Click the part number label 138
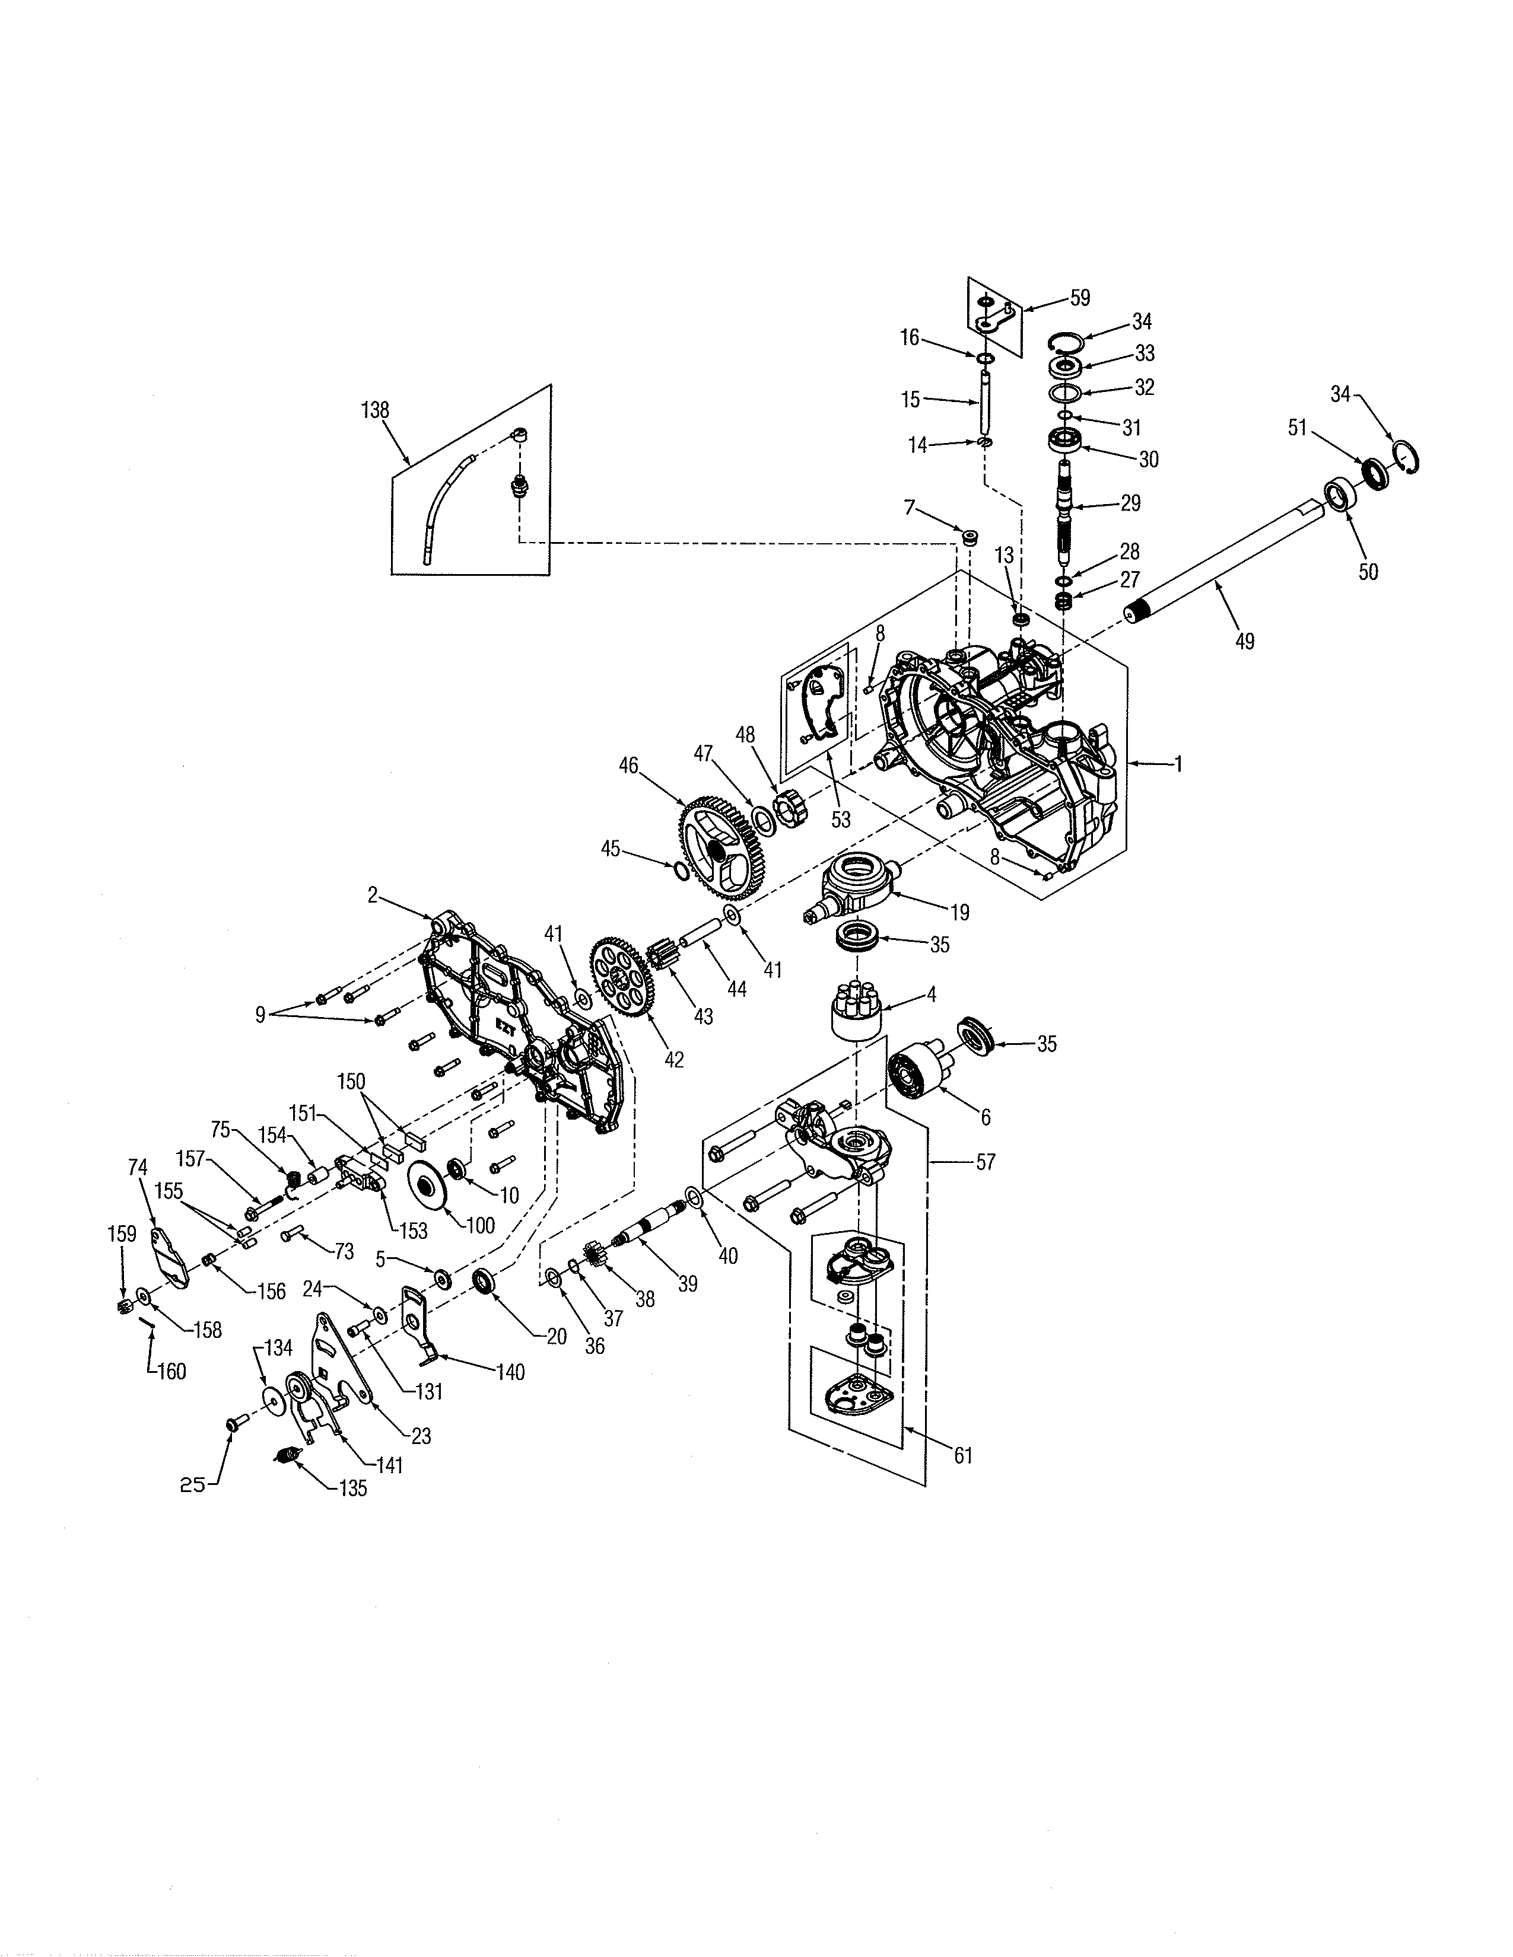click(374, 410)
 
